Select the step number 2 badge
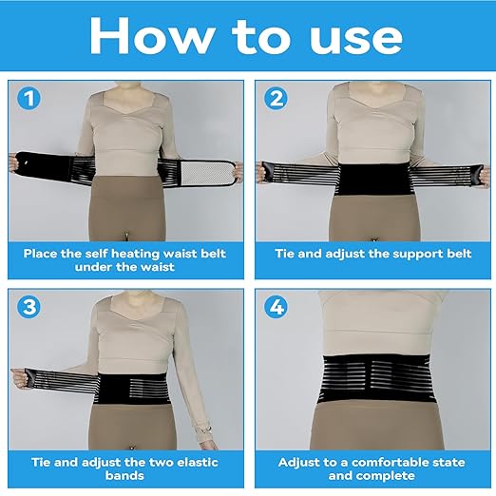pyautogui.click(x=276, y=97)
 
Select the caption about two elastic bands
pyautogui.click(x=125, y=469)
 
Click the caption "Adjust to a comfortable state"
pyautogui.click(x=371, y=469)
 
